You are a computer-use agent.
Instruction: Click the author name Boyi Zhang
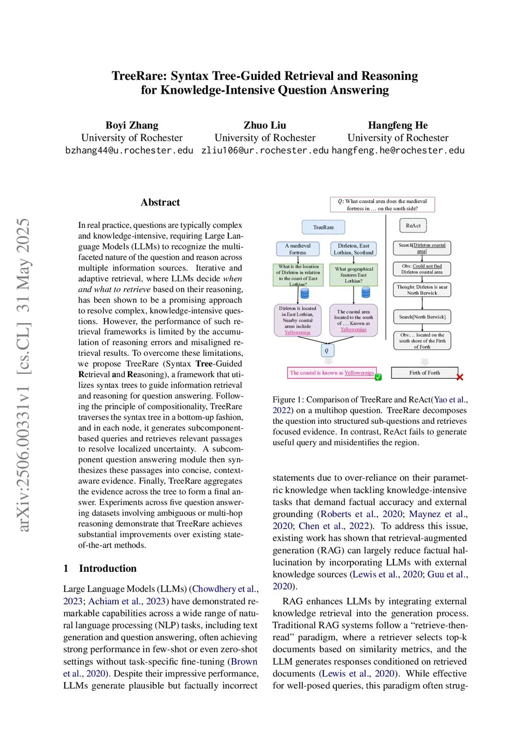coord(132,125)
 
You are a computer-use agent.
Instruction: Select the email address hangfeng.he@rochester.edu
coord(398,151)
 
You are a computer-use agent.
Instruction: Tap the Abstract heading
coord(160,203)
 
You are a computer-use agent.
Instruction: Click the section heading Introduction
coord(108,568)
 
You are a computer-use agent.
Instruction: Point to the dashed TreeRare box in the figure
coord(323,227)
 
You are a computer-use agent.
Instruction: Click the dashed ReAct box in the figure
coord(413,226)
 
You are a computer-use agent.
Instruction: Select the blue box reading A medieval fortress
coord(298,249)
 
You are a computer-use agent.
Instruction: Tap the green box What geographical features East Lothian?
coord(354,275)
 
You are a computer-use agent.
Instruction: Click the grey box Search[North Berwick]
coord(422,317)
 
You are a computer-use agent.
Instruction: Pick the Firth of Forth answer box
coord(424,373)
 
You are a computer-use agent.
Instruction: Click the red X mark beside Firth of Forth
coord(460,377)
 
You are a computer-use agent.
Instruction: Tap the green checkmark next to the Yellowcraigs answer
coord(378,377)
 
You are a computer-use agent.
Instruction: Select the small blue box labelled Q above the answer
coord(327,351)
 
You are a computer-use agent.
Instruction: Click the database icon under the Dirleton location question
coord(305,294)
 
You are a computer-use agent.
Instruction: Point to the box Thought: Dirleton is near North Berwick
coord(422,290)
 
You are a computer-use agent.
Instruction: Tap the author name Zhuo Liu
coord(265,125)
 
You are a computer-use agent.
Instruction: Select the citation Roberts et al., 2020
coord(362,514)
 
